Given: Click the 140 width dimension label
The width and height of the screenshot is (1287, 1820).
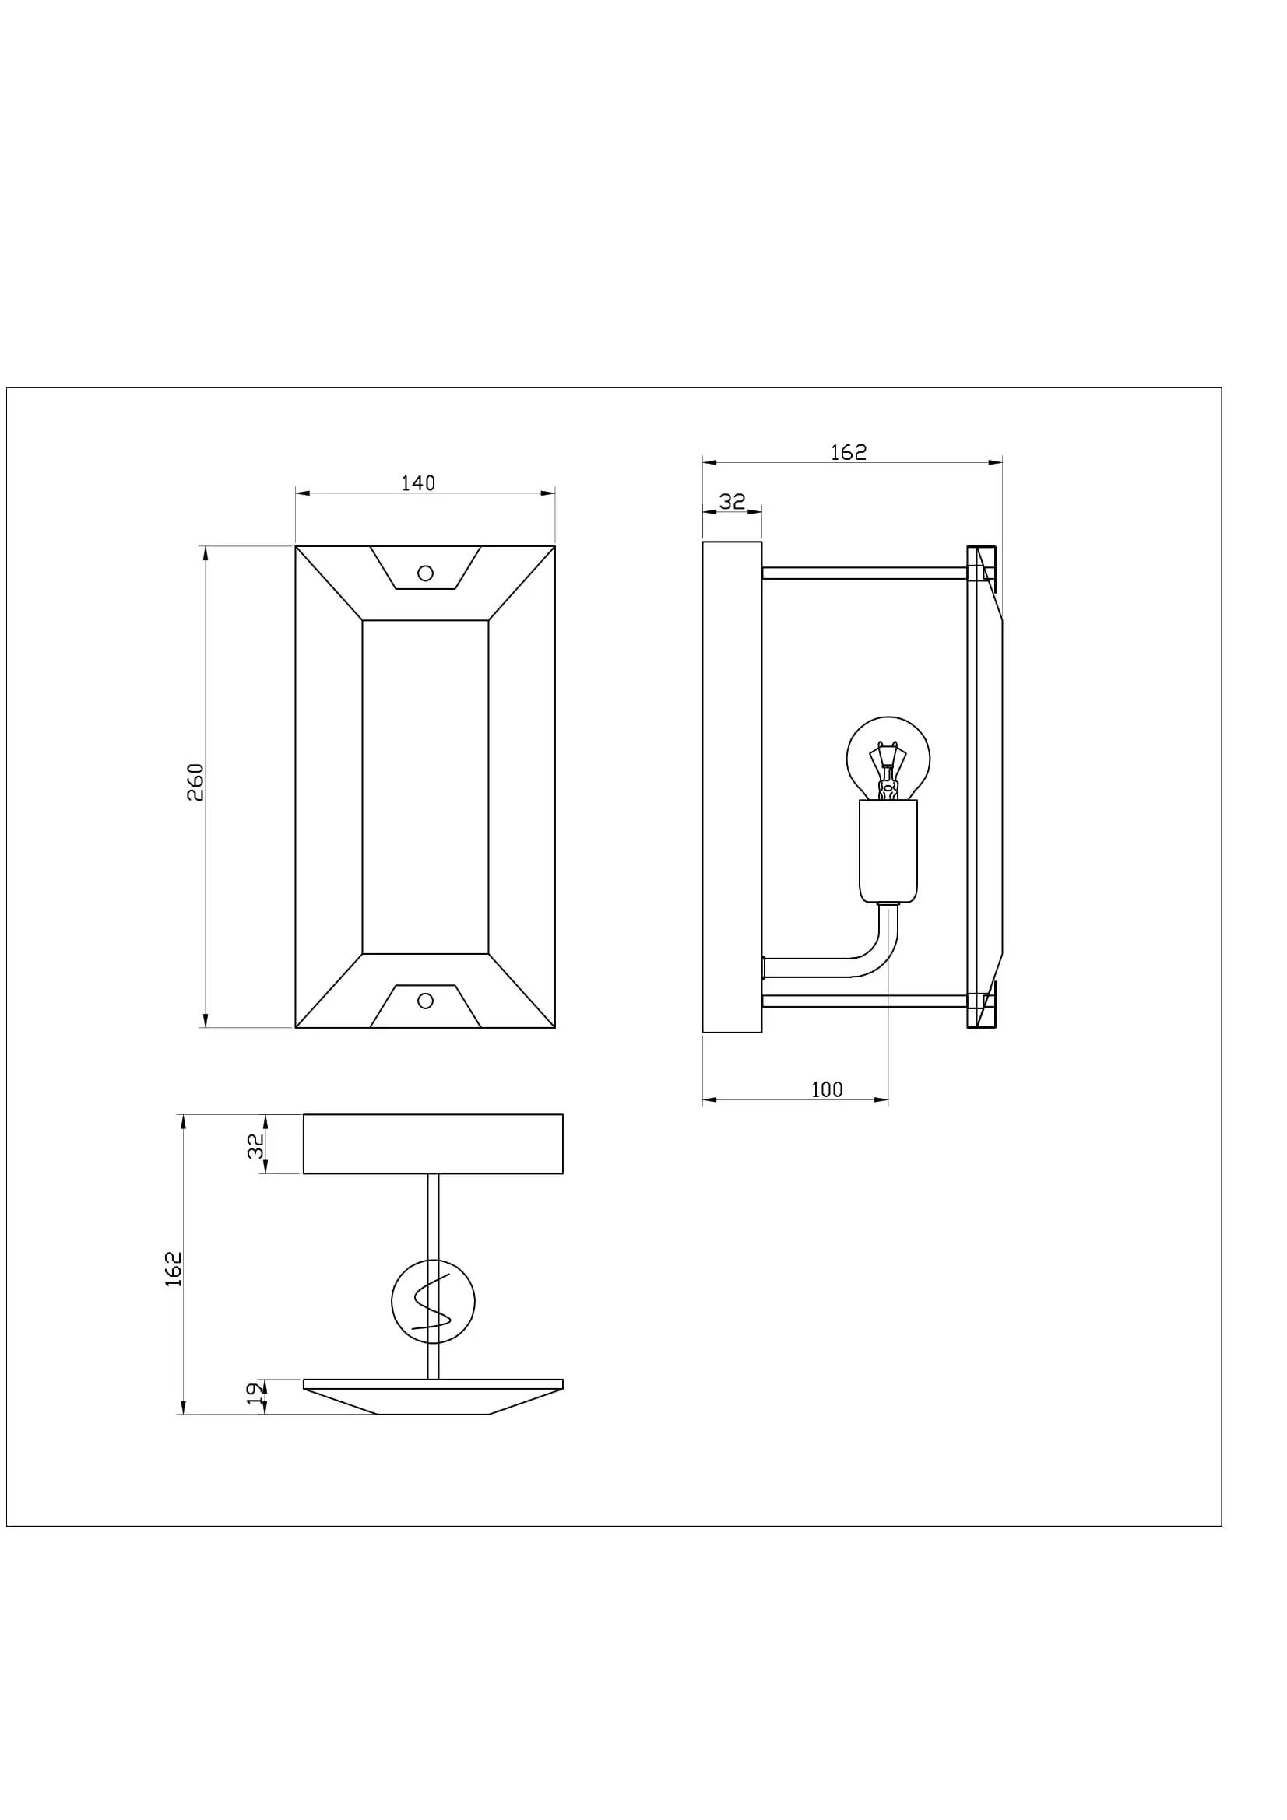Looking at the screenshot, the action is point(418,483).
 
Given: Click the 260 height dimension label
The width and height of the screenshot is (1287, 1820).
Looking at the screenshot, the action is point(195,781).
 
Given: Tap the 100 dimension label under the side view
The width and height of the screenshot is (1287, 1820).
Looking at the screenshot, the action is point(826,1090).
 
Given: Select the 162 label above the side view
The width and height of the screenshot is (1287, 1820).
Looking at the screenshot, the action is point(849,453).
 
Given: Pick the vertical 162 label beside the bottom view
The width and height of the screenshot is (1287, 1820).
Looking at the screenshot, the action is point(174,1268).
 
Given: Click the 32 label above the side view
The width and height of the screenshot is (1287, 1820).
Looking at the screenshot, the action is point(732,502).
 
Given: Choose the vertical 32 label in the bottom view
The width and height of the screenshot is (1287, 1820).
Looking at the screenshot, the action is point(255,1146).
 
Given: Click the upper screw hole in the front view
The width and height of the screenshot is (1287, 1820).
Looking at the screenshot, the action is point(425,573).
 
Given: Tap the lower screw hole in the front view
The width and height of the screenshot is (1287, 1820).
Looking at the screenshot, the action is point(425,1001).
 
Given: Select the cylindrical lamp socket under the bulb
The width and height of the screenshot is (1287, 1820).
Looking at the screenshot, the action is point(888,851).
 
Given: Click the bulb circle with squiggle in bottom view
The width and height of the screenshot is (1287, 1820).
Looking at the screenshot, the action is point(433,1302).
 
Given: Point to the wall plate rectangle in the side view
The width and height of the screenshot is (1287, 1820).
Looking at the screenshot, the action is point(732,787).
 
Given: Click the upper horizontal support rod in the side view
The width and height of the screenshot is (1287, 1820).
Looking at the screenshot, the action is point(864,573).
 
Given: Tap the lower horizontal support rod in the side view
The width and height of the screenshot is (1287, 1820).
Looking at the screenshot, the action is point(864,1001).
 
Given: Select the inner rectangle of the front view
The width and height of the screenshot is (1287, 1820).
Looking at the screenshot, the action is point(425,787).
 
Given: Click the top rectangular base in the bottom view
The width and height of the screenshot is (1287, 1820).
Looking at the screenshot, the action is point(433,1144).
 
